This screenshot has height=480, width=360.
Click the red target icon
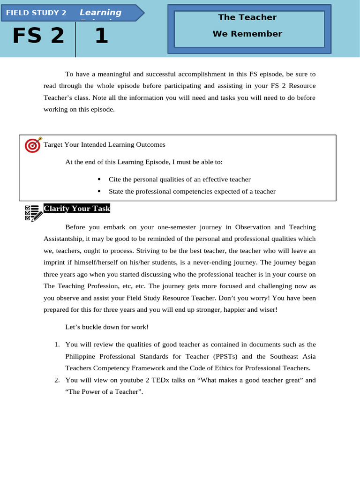(x=33, y=145)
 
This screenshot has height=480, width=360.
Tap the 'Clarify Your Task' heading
(x=77, y=209)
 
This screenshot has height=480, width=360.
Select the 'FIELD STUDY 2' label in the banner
(x=36, y=13)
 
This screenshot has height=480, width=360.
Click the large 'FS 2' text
(x=38, y=36)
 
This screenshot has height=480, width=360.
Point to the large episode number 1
(x=101, y=36)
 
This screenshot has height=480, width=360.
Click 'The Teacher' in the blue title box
(x=247, y=17)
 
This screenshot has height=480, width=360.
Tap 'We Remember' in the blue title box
(x=247, y=34)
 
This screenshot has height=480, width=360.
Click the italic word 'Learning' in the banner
(x=100, y=13)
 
